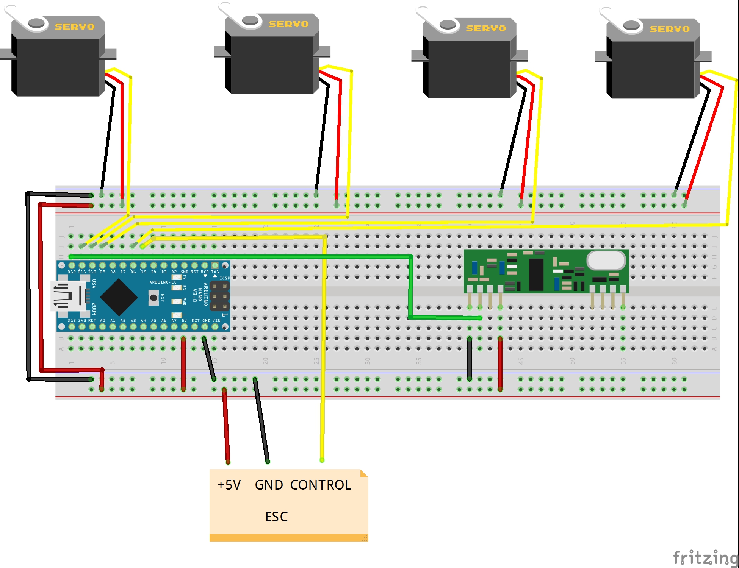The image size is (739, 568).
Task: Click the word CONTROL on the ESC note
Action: (321, 485)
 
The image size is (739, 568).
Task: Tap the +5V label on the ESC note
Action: (229, 485)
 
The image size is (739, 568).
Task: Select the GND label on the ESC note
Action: (269, 485)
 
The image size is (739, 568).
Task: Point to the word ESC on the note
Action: (276, 517)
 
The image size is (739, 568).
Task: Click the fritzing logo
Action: (705, 558)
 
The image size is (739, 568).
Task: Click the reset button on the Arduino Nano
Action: (153, 298)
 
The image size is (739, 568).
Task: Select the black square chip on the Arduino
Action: (119, 297)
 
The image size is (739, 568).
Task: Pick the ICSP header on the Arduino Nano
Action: (219, 296)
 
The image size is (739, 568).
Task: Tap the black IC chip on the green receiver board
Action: (536, 275)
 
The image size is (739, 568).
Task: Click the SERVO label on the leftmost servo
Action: (75, 27)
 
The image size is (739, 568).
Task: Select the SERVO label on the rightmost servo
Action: (669, 29)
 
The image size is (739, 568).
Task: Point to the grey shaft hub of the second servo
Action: (250, 20)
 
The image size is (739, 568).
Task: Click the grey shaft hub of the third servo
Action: (448, 24)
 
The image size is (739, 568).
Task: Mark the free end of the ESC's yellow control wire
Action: (322, 460)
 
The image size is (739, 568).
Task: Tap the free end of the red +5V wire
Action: (228, 462)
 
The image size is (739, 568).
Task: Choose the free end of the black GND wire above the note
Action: (267, 461)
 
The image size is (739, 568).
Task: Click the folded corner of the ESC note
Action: (364, 473)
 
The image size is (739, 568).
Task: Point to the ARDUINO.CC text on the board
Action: (163, 282)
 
